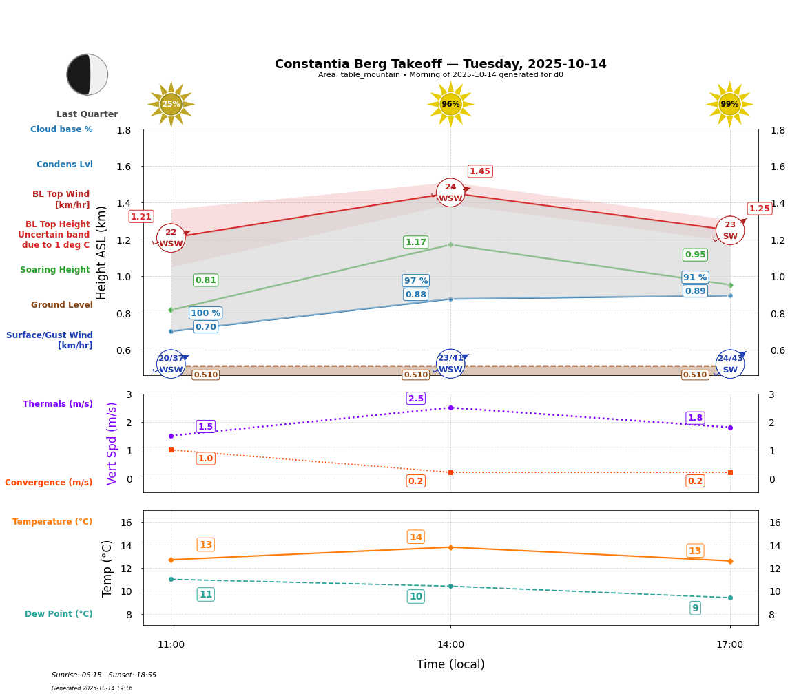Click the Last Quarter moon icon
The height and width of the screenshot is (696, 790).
[x=87, y=74]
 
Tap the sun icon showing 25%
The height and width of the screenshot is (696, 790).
[x=171, y=104]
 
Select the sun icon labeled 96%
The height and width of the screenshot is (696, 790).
[x=450, y=104]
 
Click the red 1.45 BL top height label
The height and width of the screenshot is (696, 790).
[x=480, y=171]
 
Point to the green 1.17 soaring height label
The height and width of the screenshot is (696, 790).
[x=415, y=242]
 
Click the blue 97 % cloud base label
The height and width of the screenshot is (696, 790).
[x=415, y=281]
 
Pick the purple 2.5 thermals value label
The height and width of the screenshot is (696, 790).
[x=416, y=399]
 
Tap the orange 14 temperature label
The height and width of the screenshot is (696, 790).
[x=416, y=537]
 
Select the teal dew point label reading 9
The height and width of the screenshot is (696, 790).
[x=695, y=608]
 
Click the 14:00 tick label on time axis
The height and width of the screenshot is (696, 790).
[x=450, y=645]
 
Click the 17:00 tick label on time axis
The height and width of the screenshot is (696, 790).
[x=729, y=645]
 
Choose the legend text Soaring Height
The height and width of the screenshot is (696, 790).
[x=55, y=270]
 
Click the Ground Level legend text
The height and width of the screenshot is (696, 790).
[x=61, y=305]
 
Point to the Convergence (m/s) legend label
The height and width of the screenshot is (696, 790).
[x=49, y=483]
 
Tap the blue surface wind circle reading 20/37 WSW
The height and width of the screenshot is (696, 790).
[x=171, y=364]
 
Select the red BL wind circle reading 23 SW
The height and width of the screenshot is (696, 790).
[x=729, y=231]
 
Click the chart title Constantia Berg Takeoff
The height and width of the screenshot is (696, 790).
[x=440, y=64]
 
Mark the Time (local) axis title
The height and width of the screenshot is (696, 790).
[x=450, y=664]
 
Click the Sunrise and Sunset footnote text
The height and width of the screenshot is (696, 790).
[x=104, y=675]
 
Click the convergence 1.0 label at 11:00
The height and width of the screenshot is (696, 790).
[x=205, y=458]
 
